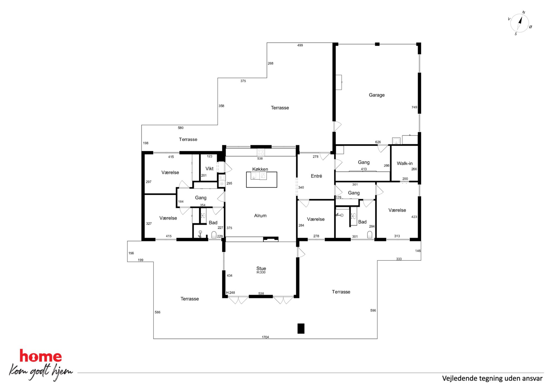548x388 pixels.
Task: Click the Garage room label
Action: (376, 95)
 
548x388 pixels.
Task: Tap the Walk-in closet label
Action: (405, 163)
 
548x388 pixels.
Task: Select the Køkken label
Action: (260, 169)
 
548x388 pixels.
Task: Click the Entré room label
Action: (316, 176)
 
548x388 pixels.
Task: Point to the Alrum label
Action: (260, 216)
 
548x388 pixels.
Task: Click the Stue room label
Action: (261, 268)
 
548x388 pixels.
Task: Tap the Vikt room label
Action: (209, 169)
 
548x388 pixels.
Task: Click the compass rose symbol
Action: (520, 23)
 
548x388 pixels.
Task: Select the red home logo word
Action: (41, 356)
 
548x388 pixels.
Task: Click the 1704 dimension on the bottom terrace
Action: (265, 337)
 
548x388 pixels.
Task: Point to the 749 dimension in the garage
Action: (414, 107)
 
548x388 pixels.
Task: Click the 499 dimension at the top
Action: (300, 45)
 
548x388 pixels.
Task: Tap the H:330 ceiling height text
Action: (261, 272)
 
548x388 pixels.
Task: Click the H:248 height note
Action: (230, 293)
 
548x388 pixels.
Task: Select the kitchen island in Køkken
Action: (262, 180)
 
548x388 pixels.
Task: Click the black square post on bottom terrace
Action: (301, 329)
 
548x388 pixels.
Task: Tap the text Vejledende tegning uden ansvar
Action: (492, 378)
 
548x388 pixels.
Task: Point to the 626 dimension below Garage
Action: (378, 142)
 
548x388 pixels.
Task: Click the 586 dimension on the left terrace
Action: (157, 312)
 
